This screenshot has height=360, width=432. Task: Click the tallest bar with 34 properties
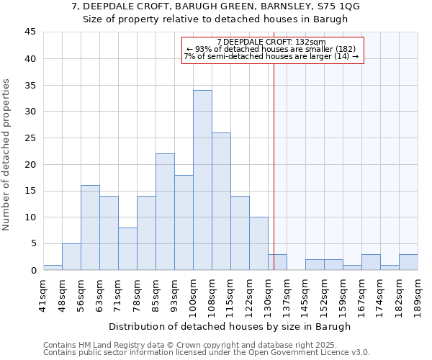tap(202, 180)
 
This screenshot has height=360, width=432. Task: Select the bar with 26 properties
tap(221, 202)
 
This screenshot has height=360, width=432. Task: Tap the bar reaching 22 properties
tap(165, 212)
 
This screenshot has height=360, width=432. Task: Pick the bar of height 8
tap(127, 249)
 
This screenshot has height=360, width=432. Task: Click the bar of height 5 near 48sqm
tap(71, 257)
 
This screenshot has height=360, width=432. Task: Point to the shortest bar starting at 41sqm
tap(53, 267)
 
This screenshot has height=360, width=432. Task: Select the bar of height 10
tap(258, 243)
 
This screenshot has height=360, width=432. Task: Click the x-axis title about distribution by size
tap(230, 326)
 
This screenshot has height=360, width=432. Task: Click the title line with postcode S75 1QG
tap(216, 6)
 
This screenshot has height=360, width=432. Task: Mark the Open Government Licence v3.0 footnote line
tap(207, 353)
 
